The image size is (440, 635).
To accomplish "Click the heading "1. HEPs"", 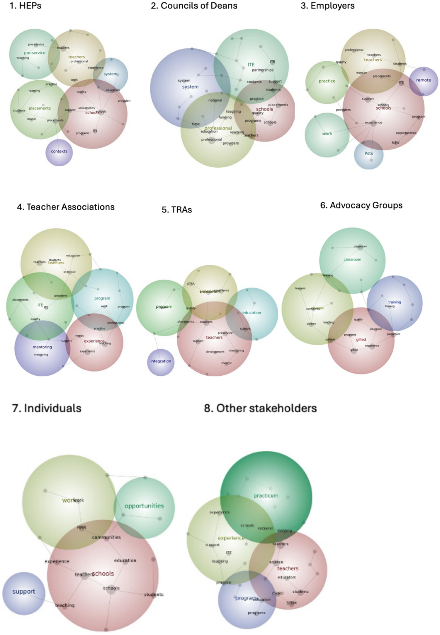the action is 25,6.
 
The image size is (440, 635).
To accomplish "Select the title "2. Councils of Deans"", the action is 194,6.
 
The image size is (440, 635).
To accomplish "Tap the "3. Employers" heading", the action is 327,6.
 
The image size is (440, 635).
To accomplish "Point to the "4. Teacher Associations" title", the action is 66,207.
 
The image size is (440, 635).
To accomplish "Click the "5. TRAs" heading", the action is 177,210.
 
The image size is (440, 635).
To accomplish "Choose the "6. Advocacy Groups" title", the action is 361,205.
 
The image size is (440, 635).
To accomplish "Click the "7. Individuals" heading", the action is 47,408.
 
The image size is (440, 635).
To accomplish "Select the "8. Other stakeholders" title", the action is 260,408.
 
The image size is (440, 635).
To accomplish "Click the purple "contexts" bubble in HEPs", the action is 59,152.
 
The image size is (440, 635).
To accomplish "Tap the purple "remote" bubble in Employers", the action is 423,80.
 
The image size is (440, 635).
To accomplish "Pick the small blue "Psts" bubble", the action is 369,154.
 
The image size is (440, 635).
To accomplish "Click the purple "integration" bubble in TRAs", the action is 161,361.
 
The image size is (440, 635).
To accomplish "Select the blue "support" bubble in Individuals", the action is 24,592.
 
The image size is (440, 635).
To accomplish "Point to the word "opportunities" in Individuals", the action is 144,506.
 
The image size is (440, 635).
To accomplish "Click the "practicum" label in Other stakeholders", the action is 266,496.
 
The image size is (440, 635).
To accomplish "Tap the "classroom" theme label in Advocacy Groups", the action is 352,259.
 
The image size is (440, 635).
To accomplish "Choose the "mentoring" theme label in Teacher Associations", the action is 42,347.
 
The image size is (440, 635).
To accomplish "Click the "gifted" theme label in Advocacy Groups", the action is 361,340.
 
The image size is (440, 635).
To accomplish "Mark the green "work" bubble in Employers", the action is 327,134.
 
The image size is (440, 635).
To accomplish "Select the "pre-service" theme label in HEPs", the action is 34,53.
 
